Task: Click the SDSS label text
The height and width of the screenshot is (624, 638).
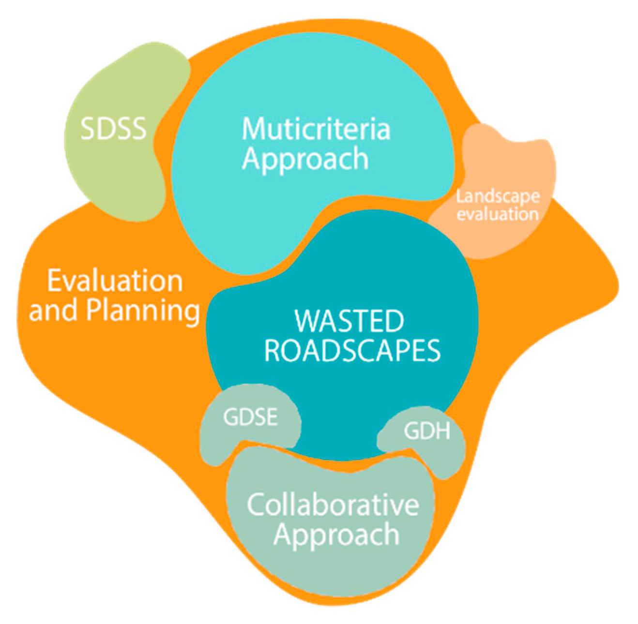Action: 113,129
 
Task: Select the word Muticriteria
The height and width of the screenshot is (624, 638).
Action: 316,129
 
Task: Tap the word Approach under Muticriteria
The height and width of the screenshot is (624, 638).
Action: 305,159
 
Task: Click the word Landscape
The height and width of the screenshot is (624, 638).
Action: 498,196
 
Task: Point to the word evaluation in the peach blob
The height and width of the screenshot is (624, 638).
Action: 498,214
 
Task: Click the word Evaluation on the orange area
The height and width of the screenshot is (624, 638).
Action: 115,281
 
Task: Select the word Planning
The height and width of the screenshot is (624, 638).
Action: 143,311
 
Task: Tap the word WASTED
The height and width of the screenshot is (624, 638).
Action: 349,321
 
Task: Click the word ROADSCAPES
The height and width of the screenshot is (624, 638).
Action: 352,350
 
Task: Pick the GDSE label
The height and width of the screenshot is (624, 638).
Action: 250,417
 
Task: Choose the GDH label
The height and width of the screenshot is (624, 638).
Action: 427,431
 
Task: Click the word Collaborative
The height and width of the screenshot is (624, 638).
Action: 333,505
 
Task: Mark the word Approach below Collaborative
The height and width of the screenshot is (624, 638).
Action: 336,535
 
